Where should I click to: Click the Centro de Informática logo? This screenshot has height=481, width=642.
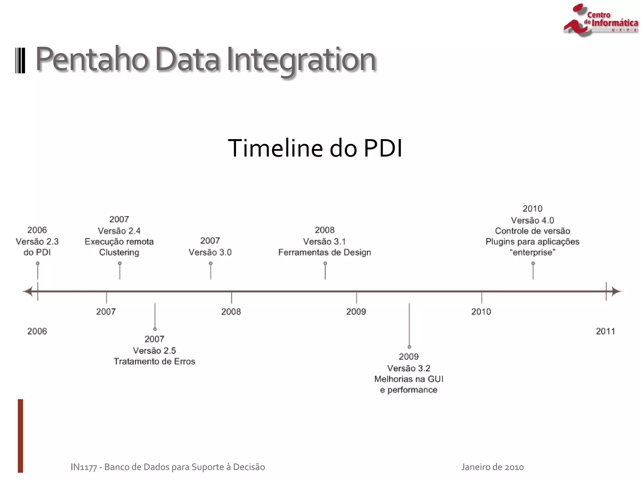tap(600, 20)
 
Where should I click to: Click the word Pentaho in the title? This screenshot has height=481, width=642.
tap(92, 59)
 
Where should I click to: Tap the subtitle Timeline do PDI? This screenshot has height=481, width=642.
tap(315, 148)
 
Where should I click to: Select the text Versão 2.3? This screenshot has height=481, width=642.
tap(37, 241)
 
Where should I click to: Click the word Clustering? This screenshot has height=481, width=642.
tap(119, 252)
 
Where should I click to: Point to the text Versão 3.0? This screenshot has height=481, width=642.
tap(210, 252)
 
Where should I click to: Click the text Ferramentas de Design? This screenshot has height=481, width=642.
tap(324, 252)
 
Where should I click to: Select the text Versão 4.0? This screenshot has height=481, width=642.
tap(532, 220)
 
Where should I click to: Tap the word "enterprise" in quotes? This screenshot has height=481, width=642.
tap(532, 252)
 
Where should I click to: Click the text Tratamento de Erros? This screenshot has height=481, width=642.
tap(154, 361)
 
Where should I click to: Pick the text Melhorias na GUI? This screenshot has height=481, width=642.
tap(409, 379)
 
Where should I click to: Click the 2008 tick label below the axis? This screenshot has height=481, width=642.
tap(231, 312)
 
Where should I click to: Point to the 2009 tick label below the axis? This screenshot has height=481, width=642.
tap(356, 312)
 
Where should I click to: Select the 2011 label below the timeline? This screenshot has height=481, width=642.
tap(605, 331)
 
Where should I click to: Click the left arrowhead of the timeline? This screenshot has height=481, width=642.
tap(28, 291)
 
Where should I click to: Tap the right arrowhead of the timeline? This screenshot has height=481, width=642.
tap(616, 291)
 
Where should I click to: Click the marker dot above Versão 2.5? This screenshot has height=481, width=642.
tap(155, 329)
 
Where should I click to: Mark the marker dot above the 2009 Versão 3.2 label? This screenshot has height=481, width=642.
tap(409, 347)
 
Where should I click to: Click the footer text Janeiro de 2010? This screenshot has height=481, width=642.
tap(492, 467)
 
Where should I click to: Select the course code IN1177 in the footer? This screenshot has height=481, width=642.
tap(83, 467)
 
